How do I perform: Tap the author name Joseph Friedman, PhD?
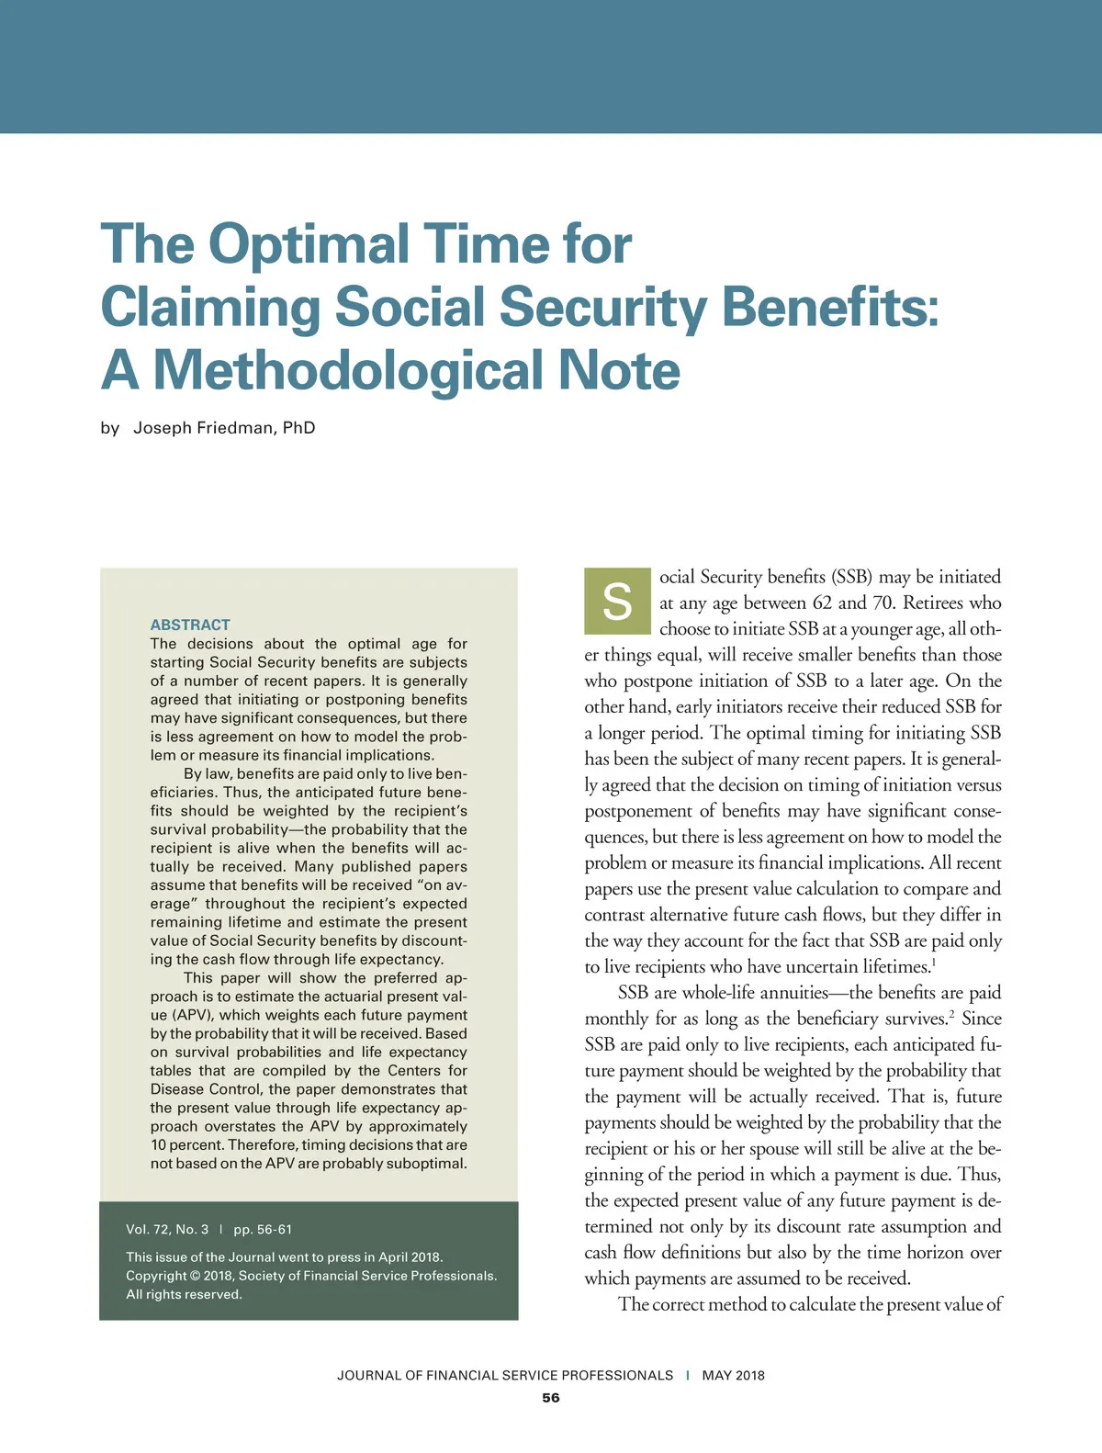(x=224, y=428)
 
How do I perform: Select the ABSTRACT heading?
(x=190, y=625)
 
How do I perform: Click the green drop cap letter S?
(x=616, y=602)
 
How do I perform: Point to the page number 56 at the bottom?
(x=550, y=1398)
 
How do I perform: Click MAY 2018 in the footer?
(x=733, y=1375)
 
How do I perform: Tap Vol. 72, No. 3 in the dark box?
(x=167, y=1229)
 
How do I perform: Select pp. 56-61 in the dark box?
(x=263, y=1229)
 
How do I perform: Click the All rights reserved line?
(x=184, y=1294)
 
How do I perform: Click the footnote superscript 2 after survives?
(x=951, y=1014)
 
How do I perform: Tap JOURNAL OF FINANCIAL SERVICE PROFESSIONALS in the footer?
(x=505, y=1375)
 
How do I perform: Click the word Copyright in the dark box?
(x=156, y=1276)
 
